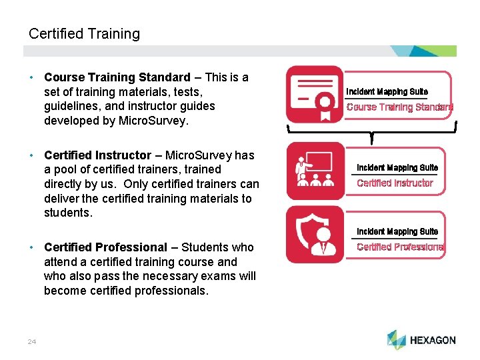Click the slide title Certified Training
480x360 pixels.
[x=84, y=33]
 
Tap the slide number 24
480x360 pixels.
[x=32, y=342]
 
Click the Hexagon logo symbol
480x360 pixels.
[x=396, y=339]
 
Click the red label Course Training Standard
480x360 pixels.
[x=399, y=107]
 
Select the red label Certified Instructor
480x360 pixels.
[x=395, y=183]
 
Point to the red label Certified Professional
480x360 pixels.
[x=400, y=247]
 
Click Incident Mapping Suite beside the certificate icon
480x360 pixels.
[x=387, y=91]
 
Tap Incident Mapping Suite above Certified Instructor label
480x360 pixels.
[x=397, y=167]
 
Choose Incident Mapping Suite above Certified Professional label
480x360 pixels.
[x=397, y=231]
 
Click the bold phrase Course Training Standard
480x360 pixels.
[x=117, y=77]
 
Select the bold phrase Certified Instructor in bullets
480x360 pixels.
[x=97, y=155]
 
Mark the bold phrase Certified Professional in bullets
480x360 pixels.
[x=105, y=247]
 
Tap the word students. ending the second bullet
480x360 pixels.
[x=67, y=213]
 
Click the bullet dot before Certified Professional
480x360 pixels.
[x=32, y=247]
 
